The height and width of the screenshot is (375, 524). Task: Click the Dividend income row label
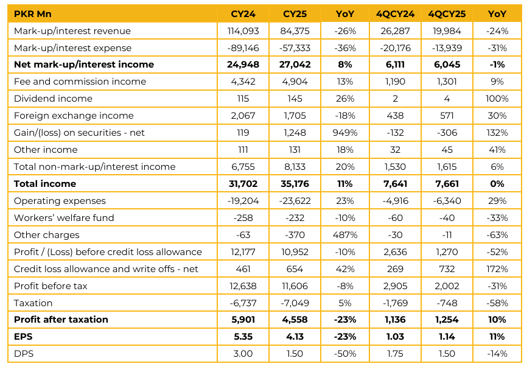pos(53,99)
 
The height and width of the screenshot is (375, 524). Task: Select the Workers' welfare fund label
pos(64,218)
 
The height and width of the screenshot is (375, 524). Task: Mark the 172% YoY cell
pos(497,269)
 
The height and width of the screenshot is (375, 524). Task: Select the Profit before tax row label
pos(51,286)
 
